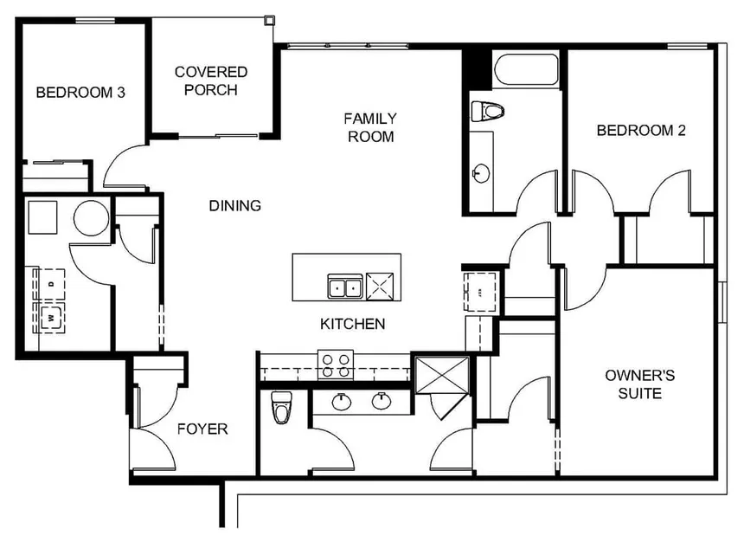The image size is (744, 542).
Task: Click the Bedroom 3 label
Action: pyautogui.click(x=80, y=92)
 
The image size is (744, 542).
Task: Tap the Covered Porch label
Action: pyautogui.click(x=210, y=81)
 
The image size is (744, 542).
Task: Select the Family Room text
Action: pyautogui.click(x=370, y=127)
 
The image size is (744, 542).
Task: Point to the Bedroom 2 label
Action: pyautogui.click(x=641, y=131)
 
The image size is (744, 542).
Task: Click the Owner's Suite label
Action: pyautogui.click(x=639, y=384)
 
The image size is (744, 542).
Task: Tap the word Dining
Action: pyautogui.click(x=234, y=206)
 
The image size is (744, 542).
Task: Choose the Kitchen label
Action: pyautogui.click(x=352, y=325)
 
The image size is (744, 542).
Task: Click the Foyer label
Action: pyautogui.click(x=202, y=429)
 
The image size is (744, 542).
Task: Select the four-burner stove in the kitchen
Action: pyautogui.click(x=335, y=364)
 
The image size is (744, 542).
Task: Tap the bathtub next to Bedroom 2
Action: pyautogui.click(x=527, y=70)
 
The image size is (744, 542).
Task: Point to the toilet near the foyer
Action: pyautogui.click(x=281, y=408)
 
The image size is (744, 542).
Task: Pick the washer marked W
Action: pyautogui.click(x=50, y=316)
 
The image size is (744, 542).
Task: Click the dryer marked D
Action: pyautogui.click(x=50, y=283)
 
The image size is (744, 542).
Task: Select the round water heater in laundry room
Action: pyautogui.click(x=91, y=218)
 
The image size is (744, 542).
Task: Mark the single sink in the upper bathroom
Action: pyautogui.click(x=480, y=173)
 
